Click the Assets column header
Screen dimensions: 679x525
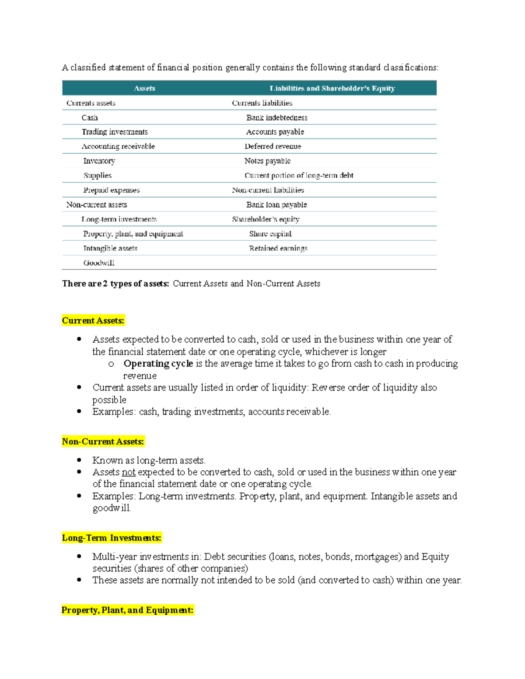(x=144, y=88)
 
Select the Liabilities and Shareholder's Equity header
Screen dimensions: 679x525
(x=332, y=88)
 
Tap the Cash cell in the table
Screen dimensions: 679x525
(x=90, y=118)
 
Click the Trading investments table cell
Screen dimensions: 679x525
(x=115, y=132)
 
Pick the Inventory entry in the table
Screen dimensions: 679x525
(x=99, y=161)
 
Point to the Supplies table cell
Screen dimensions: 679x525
(x=98, y=175)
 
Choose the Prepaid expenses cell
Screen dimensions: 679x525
(x=112, y=190)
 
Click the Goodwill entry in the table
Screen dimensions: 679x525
(x=99, y=263)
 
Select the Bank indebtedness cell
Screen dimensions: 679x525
(x=276, y=118)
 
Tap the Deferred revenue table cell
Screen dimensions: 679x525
(x=273, y=146)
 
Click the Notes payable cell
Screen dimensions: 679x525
(x=267, y=161)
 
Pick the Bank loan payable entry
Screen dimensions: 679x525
(x=276, y=205)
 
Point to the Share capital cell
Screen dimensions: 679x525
(x=270, y=234)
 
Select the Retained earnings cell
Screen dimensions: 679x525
(x=278, y=248)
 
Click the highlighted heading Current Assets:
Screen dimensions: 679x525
(x=93, y=320)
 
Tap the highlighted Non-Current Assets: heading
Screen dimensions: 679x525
(x=103, y=442)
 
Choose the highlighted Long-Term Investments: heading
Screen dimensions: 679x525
(x=112, y=538)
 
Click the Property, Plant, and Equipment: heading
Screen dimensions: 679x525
(x=127, y=610)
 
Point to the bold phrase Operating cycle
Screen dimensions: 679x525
(x=158, y=364)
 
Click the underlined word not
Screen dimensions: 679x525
(x=129, y=472)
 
